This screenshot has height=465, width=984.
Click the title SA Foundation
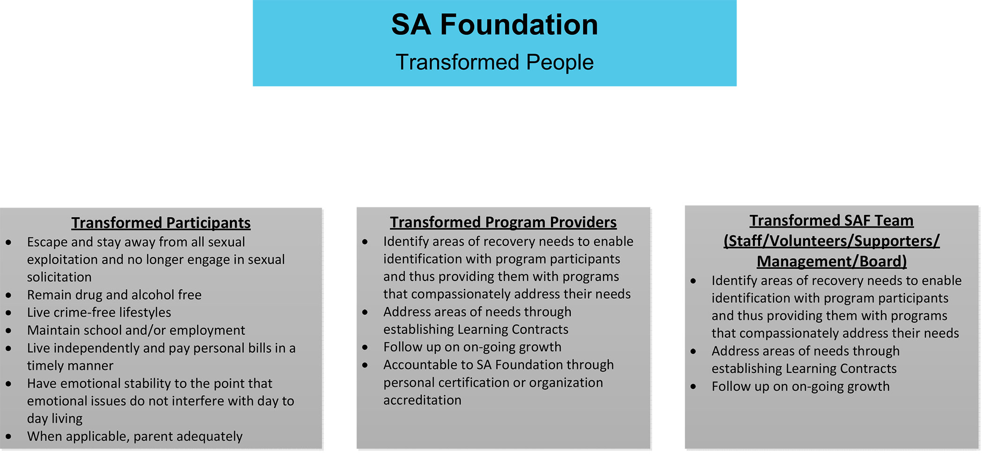(x=494, y=24)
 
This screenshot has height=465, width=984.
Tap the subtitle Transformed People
(x=494, y=62)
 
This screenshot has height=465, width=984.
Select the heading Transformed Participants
(x=161, y=223)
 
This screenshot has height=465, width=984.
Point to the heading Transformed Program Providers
(x=503, y=222)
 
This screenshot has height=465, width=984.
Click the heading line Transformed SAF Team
(x=831, y=221)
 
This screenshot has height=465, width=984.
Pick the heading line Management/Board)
(x=832, y=261)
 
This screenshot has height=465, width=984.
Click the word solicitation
(x=59, y=277)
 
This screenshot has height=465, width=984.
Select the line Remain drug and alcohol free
(x=114, y=295)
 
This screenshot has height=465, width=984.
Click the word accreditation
(x=422, y=400)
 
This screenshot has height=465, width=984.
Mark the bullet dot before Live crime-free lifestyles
(x=8, y=313)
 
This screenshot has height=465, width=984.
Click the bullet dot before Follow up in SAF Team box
(x=693, y=387)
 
